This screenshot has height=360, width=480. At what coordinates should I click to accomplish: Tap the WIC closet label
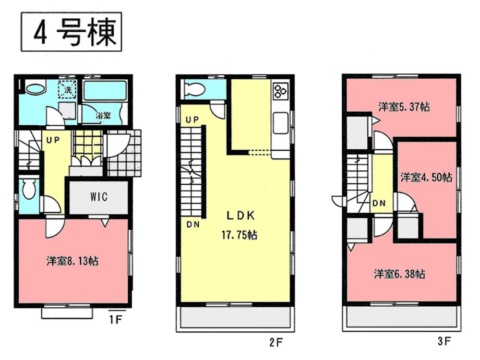point(97,197)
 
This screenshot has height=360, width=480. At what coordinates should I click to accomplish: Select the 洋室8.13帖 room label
point(73,261)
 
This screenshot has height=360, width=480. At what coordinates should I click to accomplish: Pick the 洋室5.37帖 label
point(403,107)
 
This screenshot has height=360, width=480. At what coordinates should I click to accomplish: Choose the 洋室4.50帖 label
point(426,177)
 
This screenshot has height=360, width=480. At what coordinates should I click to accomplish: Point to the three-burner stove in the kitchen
point(280,90)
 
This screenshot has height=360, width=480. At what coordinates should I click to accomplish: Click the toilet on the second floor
point(195,90)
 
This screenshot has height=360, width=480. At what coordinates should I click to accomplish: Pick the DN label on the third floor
point(378,203)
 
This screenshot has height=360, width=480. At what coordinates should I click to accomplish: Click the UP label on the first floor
point(52,141)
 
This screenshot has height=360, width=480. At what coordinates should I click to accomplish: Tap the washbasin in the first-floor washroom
point(35,89)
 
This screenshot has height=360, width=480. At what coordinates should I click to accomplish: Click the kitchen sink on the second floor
point(279,124)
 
